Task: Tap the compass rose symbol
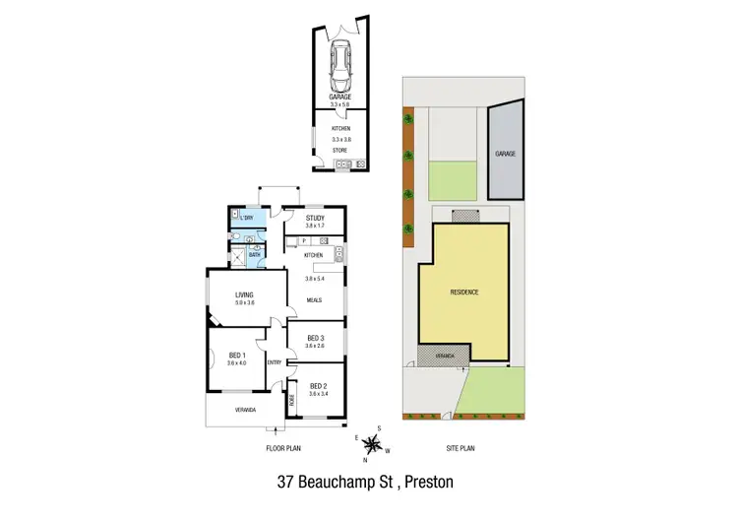pos(372,444)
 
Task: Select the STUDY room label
pos(315,219)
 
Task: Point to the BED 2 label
pos(317,385)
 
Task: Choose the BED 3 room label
pos(315,337)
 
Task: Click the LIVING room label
pos(244,294)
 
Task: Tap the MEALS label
pos(315,300)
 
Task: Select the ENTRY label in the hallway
pos(274,361)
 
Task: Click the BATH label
pos(254,255)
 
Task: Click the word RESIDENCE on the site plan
pos(463,293)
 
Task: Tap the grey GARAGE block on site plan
pos(505,155)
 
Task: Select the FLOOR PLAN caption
pos(282,448)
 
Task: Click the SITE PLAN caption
pos(461,448)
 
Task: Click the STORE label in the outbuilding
pos(340,151)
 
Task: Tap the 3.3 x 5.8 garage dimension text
pos(340,104)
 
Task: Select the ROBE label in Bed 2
pos(292,400)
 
